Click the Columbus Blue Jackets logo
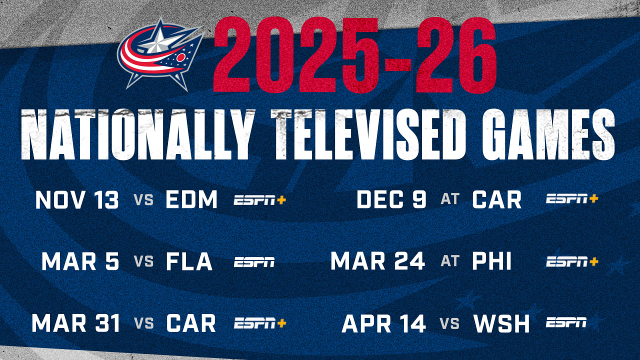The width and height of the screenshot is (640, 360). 160,54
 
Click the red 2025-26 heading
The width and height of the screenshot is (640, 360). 355,55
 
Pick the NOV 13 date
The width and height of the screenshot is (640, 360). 77,199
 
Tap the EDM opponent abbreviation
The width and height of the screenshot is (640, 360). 191,199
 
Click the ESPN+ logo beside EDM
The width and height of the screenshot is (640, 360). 259,199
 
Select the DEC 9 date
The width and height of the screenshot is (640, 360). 391,199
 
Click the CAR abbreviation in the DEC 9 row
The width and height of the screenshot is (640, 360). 497,199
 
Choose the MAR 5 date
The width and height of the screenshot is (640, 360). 80,261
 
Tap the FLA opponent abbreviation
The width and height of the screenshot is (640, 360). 189,261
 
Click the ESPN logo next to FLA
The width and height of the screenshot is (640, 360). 254,261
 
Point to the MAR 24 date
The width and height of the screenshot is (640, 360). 377,261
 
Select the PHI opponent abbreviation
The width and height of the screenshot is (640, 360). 491,261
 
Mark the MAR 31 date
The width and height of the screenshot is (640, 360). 75,323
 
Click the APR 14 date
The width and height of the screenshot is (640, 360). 383,323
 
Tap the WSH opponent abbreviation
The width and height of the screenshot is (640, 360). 501,323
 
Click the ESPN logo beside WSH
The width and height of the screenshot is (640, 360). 566,322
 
